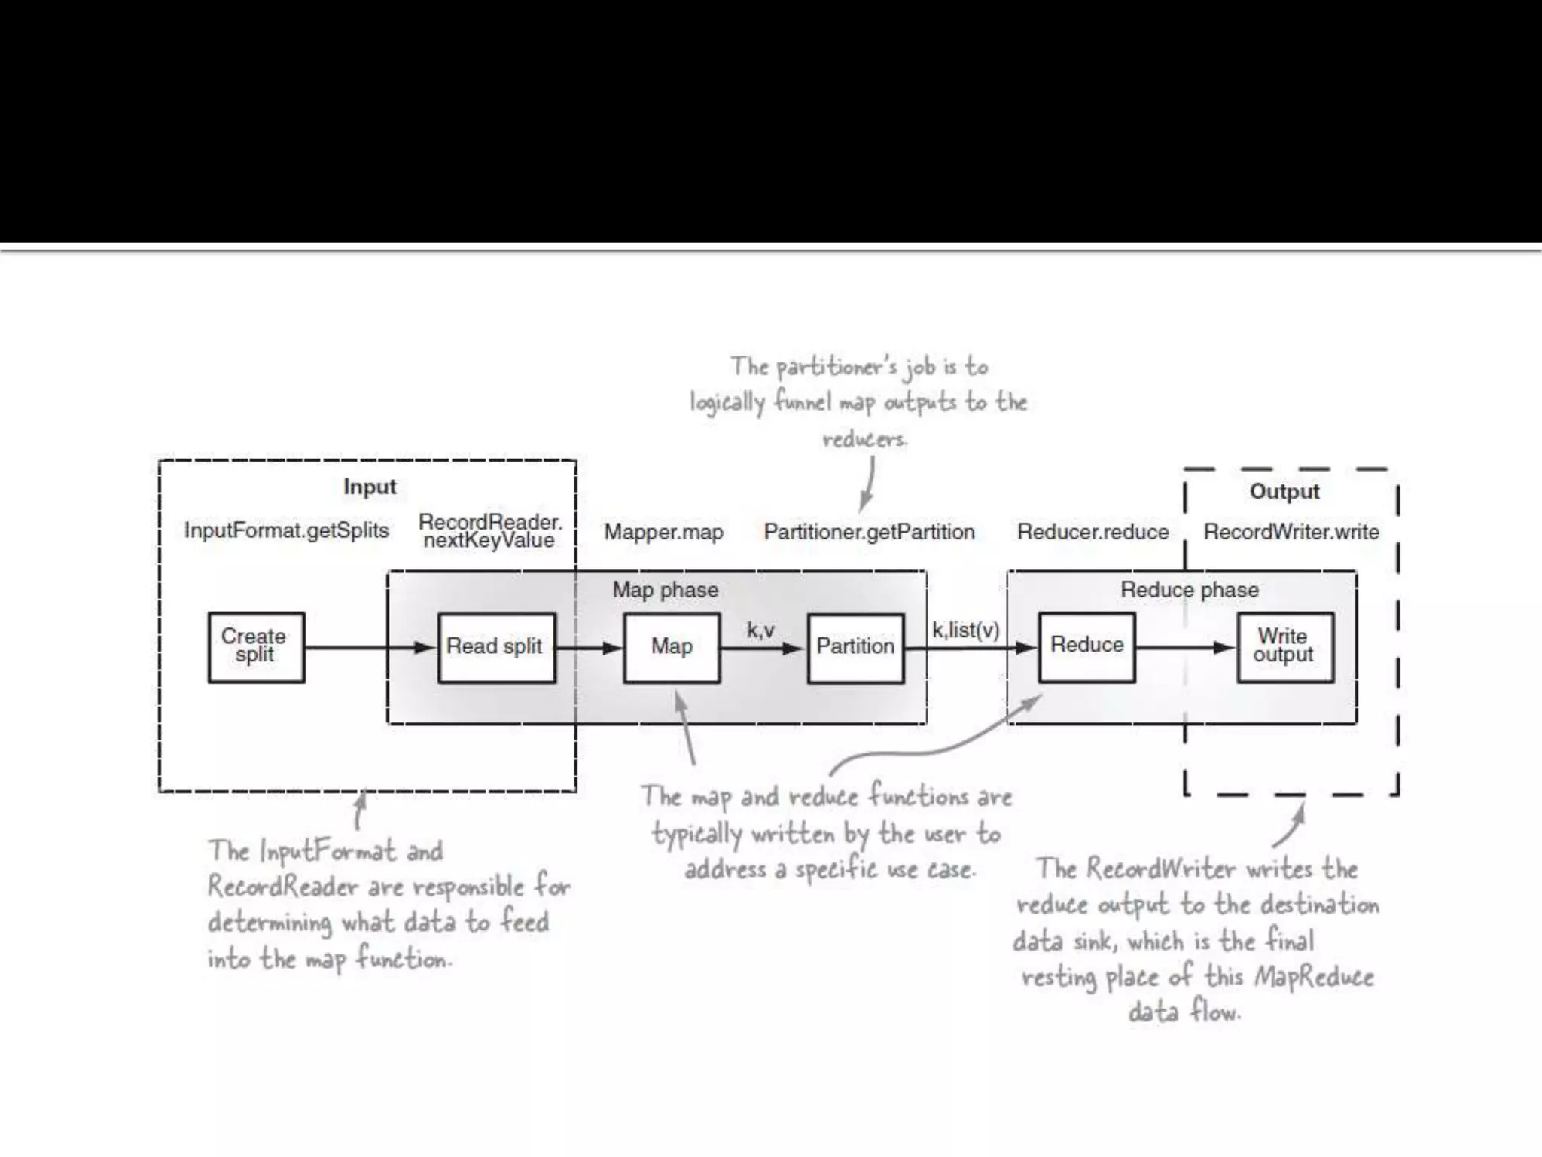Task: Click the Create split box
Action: (x=256, y=647)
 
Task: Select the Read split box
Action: (x=496, y=647)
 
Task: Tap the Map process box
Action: (x=671, y=647)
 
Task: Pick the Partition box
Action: (x=855, y=647)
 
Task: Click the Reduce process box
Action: (x=1086, y=646)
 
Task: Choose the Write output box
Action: (x=1284, y=647)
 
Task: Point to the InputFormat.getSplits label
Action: (x=287, y=530)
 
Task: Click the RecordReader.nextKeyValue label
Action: (x=490, y=531)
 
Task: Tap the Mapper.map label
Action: (x=663, y=532)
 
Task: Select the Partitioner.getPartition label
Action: (x=869, y=532)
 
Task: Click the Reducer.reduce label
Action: (x=1093, y=532)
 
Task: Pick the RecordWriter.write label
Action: (x=1291, y=532)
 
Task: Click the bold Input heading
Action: (x=370, y=487)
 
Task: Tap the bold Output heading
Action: (x=1284, y=491)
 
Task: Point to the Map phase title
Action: (x=665, y=590)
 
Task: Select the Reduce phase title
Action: (x=1189, y=590)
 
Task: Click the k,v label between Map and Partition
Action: (x=760, y=630)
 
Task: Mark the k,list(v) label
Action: (x=966, y=630)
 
